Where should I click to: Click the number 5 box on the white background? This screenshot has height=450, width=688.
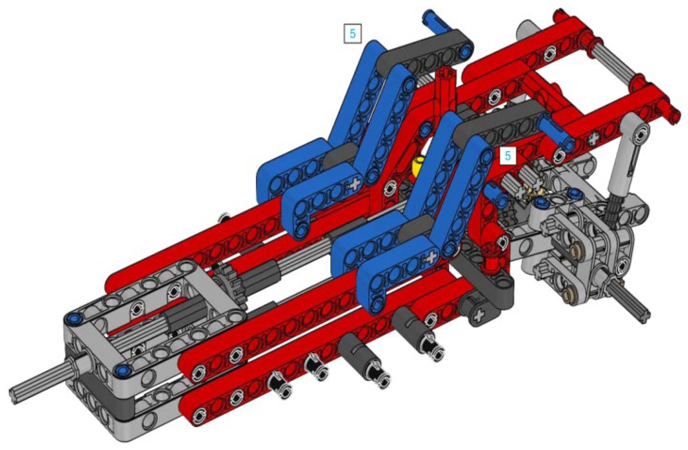pos(352,34)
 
